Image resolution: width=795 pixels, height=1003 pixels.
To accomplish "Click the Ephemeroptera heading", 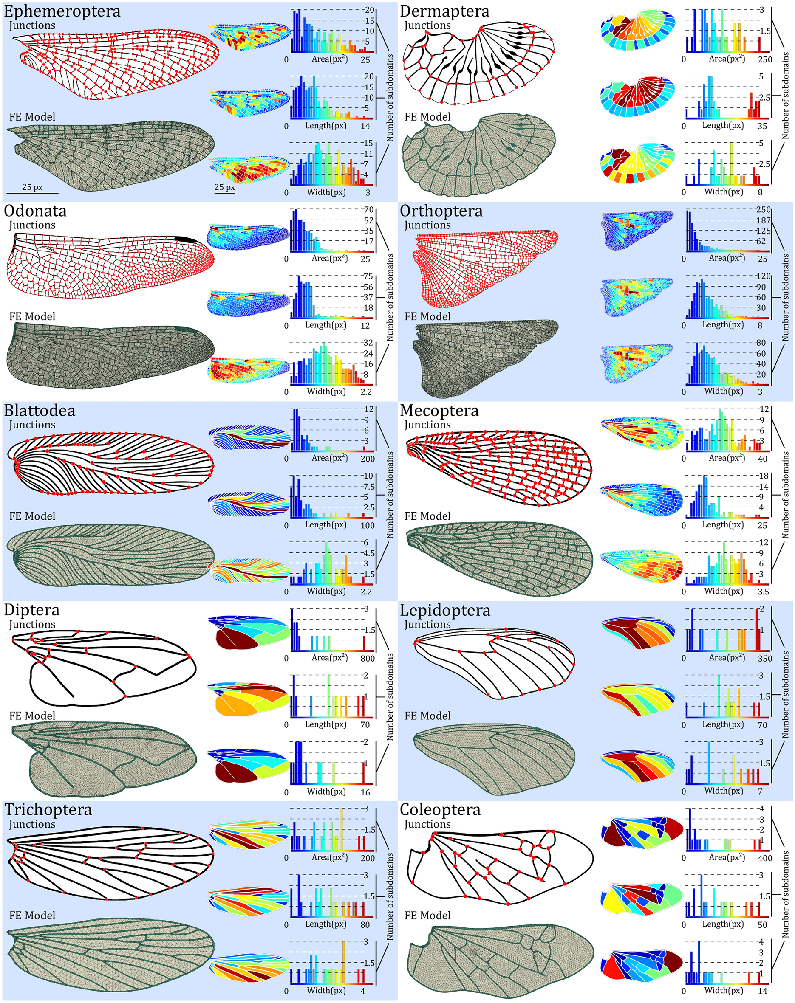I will coord(62,11).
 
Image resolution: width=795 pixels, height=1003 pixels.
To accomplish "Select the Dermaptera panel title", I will coord(444,11).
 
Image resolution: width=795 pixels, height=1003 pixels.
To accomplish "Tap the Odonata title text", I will coord(35,211).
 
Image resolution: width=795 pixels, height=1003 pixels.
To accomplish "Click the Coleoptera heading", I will coord(440,809).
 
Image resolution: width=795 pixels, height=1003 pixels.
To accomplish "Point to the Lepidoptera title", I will coord(445,610).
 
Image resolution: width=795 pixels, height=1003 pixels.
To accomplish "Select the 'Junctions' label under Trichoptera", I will coord(32,824).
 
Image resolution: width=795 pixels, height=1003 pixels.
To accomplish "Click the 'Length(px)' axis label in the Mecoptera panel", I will coord(722,524).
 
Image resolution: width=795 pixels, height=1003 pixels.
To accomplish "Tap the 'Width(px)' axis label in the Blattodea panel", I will coord(326,591).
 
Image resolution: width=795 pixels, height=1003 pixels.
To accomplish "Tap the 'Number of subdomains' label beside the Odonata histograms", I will coord(390,298).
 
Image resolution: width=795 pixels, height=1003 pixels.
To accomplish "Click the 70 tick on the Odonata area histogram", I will coord(369,210).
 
